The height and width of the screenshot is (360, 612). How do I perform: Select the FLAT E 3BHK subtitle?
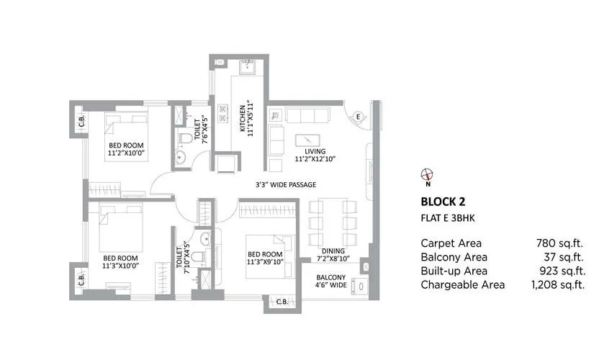(x=450, y=217)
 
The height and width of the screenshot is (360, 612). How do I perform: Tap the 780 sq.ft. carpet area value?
(x=559, y=243)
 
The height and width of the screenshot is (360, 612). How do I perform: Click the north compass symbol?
(x=426, y=174)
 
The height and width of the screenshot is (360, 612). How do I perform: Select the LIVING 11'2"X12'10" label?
(x=315, y=155)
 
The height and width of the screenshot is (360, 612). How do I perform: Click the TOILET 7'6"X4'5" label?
(x=205, y=130)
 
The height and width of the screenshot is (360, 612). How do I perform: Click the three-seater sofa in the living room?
(x=307, y=114)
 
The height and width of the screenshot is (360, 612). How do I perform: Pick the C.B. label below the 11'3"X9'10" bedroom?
(x=280, y=302)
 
